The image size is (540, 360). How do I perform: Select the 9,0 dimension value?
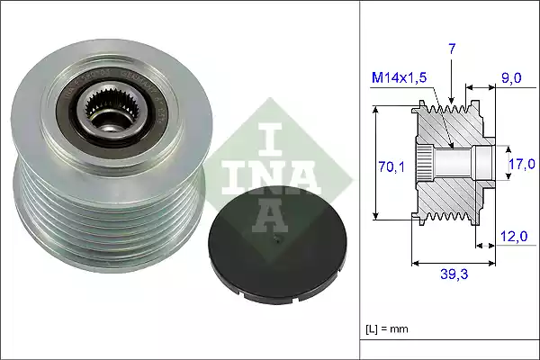(511, 80)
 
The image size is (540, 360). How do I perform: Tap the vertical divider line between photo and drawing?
(360, 180)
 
